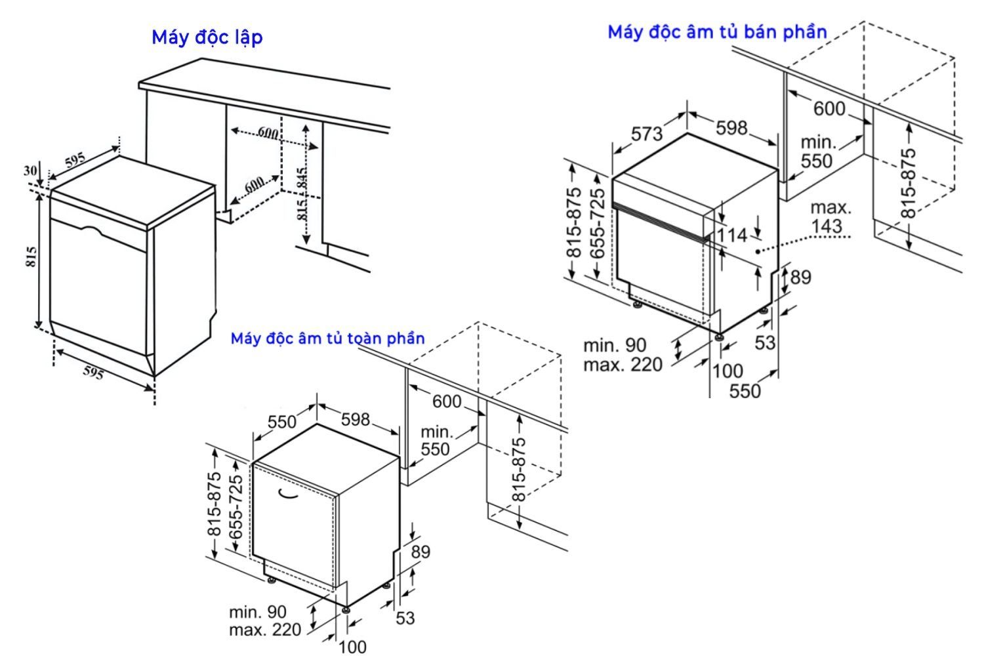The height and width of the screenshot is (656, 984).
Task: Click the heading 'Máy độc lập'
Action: click(x=207, y=37)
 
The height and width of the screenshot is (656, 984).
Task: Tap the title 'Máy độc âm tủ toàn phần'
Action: click(x=327, y=338)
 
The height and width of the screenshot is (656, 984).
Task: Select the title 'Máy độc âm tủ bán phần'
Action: click(x=717, y=31)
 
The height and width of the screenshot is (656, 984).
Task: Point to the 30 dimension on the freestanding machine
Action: click(x=30, y=171)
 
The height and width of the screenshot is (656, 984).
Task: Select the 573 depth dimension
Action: click(x=647, y=134)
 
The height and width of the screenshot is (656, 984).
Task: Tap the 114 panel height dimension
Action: click(x=732, y=235)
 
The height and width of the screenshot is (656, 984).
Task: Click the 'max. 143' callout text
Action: click(x=829, y=217)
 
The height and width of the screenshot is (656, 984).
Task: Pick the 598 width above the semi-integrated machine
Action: click(x=731, y=127)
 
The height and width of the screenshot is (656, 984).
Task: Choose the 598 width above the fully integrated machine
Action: click(x=356, y=419)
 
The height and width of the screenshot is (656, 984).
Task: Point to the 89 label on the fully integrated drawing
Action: click(x=420, y=552)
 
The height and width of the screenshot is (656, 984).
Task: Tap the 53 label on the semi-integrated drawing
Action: click(x=765, y=342)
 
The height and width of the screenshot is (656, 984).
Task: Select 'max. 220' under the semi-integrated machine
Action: click(x=623, y=364)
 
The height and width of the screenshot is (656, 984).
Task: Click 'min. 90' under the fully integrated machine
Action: click(x=258, y=612)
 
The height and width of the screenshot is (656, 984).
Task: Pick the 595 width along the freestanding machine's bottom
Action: click(x=93, y=373)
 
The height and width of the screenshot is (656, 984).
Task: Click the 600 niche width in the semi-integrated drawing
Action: click(x=829, y=108)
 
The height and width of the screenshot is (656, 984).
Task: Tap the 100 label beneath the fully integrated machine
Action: click(x=352, y=647)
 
